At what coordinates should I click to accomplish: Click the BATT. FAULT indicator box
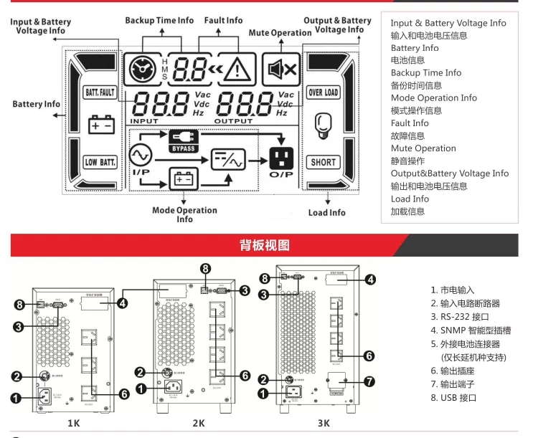coord(100,92)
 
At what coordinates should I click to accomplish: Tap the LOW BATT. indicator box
coord(100,162)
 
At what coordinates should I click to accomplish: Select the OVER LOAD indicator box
coord(324,92)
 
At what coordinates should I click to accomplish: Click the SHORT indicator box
coord(324,162)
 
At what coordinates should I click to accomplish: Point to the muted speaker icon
coord(280,69)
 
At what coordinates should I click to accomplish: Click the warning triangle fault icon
coord(237,70)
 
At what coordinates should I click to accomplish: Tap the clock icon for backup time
coord(140,70)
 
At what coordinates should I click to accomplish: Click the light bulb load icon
coord(324,126)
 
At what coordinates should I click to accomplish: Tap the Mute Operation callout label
coord(280,33)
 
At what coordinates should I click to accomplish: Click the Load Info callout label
coord(326,213)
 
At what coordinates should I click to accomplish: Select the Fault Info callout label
coord(223,21)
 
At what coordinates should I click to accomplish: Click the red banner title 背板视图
coord(264,245)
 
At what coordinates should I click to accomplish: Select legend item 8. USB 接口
coord(453,397)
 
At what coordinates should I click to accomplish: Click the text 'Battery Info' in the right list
coord(415,48)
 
